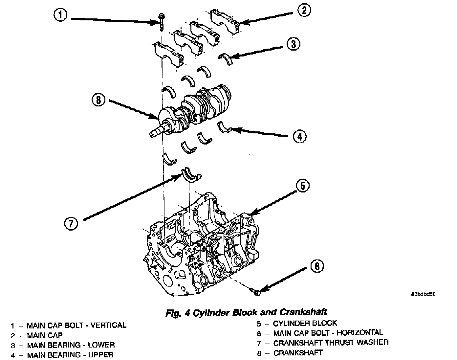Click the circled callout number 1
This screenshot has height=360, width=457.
click(x=60, y=15)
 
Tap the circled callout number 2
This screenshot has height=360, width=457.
click(x=304, y=11)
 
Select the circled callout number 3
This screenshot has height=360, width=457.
click(x=293, y=44)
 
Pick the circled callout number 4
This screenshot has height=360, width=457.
click(x=299, y=136)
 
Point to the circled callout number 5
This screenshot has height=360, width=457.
click(x=302, y=186)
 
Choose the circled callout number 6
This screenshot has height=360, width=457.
click(x=317, y=266)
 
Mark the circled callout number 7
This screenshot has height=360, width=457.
click(x=71, y=224)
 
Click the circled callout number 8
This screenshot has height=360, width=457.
click(x=98, y=99)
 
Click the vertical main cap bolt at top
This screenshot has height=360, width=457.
click(x=161, y=21)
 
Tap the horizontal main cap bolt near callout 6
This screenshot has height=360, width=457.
click(x=255, y=291)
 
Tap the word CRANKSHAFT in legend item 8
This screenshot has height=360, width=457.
click(x=298, y=353)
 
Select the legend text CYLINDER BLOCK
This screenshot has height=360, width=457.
click(x=305, y=323)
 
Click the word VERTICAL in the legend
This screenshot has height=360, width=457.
click(x=108, y=325)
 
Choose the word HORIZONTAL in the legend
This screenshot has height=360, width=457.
click(x=359, y=333)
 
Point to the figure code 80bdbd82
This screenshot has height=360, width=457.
click(x=423, y=294)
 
